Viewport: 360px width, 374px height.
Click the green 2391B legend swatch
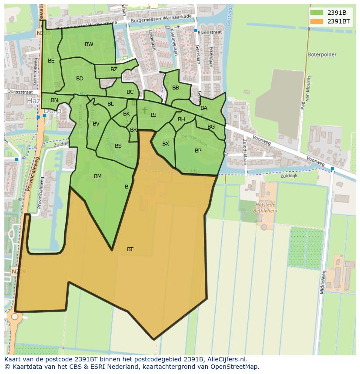(x=317, y=13)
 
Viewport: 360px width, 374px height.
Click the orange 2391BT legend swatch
(x=317, y=21)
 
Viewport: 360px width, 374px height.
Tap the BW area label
(x=89, y=44)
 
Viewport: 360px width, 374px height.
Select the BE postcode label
(x=51, y=61)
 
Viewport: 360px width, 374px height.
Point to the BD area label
(x=80, y=79)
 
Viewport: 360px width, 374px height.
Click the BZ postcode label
(x=114, y=70)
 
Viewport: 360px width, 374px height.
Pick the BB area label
(x=176, y=88)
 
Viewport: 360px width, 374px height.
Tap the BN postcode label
(x=54, y=100)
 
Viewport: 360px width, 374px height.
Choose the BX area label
(x=166, y=144)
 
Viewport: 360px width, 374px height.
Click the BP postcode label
(x=198, y=151)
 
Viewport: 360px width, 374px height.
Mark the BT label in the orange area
(x=130, y=249)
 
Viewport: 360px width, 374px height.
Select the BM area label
(x=98, y=176)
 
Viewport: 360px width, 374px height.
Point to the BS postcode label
(x=118, y=146)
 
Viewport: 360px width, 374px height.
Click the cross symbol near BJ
(x=145, y=111)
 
